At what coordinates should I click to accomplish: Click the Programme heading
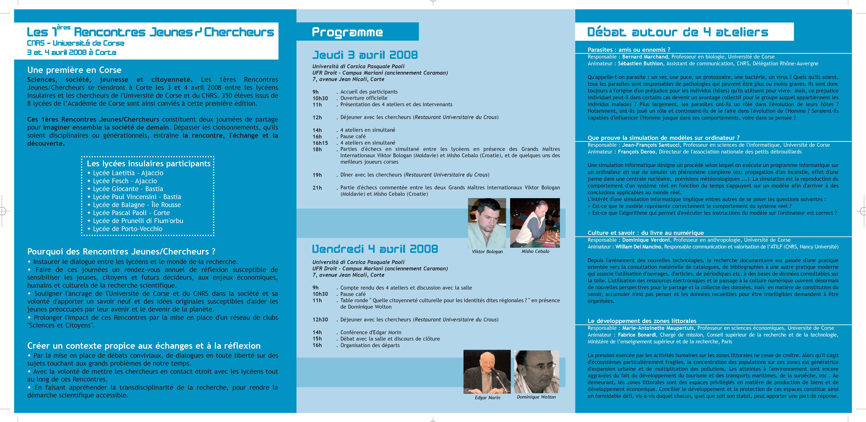click(x=347, y=32)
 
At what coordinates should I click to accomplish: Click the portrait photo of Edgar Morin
click(x=487, y=371)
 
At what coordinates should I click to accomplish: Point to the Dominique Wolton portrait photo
click(x=536, y=371)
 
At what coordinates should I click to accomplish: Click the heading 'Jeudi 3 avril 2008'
click(x=365, y=55)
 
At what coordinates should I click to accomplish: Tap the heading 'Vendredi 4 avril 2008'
click(x=375, y=249)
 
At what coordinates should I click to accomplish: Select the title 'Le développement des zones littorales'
click(x=642, y=321)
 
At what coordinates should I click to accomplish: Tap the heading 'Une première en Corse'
click(x=74, y=70)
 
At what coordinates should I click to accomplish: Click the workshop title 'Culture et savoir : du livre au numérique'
click(x=645, y=233)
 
